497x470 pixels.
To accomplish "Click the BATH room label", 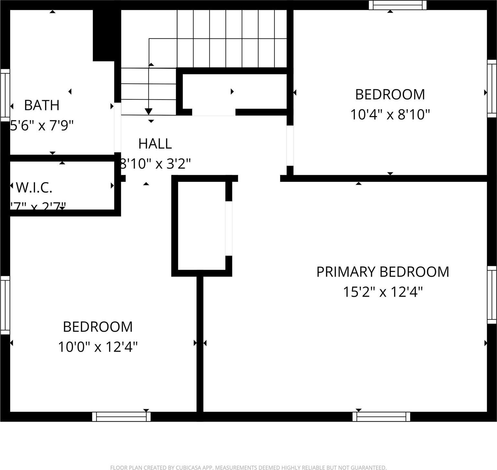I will pos(42,105).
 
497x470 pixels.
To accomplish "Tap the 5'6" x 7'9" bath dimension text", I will pos(42,125).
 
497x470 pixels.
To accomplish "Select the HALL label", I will pos(155,144).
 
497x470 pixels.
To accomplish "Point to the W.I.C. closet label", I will pos(34,188).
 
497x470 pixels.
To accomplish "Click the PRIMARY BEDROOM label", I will pos(382,272).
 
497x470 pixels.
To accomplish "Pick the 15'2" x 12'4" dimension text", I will pos(383,292).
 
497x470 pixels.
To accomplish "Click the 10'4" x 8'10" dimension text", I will pos(390,115).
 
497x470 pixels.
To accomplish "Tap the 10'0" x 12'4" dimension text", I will pos(98,347).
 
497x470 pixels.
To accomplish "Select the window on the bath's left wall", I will pos(5,95).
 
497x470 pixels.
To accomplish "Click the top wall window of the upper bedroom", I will pos(398,5).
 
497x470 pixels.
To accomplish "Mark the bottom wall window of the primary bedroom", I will pos(381,417).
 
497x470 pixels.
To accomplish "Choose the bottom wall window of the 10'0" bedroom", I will pos(121,417).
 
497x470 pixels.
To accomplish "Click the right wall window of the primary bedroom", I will pos(492,295).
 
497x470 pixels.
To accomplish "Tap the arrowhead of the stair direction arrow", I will pos(149,112).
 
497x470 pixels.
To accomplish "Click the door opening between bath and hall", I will pos(117,127).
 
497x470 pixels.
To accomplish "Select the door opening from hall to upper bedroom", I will pos(290,146).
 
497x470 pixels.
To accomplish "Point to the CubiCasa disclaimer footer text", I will pos(248,467).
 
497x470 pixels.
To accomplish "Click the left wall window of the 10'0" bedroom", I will pos(5,305).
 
